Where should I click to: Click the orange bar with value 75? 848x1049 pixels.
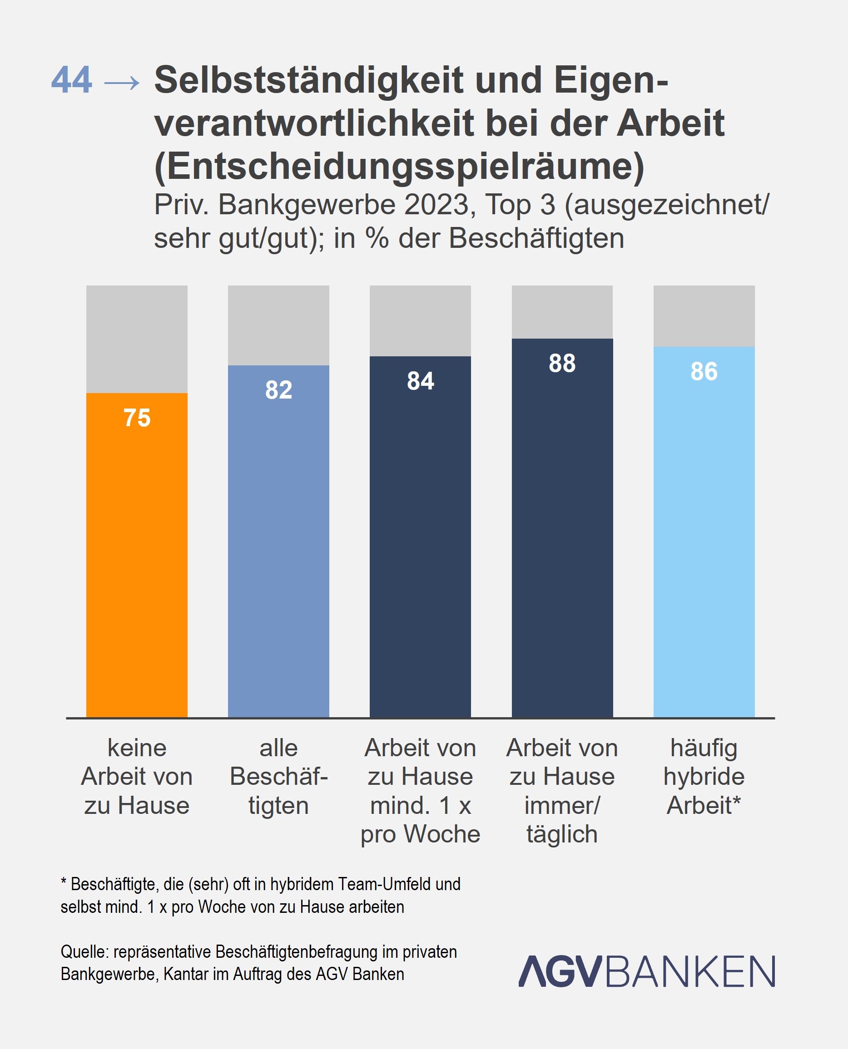click(137, 557)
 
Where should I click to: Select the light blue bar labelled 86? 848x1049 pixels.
click(704, 537)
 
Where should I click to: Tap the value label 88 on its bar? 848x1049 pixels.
click(562, 364)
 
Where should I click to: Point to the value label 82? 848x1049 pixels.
click(278, 390)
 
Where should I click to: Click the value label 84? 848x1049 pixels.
click(420, 381)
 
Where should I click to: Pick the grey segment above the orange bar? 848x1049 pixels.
click(137, 339)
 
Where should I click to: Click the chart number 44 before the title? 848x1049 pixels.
click(71, 80)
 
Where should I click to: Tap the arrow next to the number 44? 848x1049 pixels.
click(122, 83)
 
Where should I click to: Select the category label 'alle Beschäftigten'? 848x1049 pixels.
click(278, 777)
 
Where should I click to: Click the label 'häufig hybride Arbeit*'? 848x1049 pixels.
click(704, 777)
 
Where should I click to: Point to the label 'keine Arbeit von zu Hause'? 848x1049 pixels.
click(137, 777)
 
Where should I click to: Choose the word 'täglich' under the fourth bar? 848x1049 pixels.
click(562, 834)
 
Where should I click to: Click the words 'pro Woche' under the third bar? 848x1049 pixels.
click(420, 834)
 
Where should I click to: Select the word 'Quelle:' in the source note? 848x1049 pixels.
click(84, 952)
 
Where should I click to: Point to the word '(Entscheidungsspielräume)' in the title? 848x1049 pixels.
click(399, 166)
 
